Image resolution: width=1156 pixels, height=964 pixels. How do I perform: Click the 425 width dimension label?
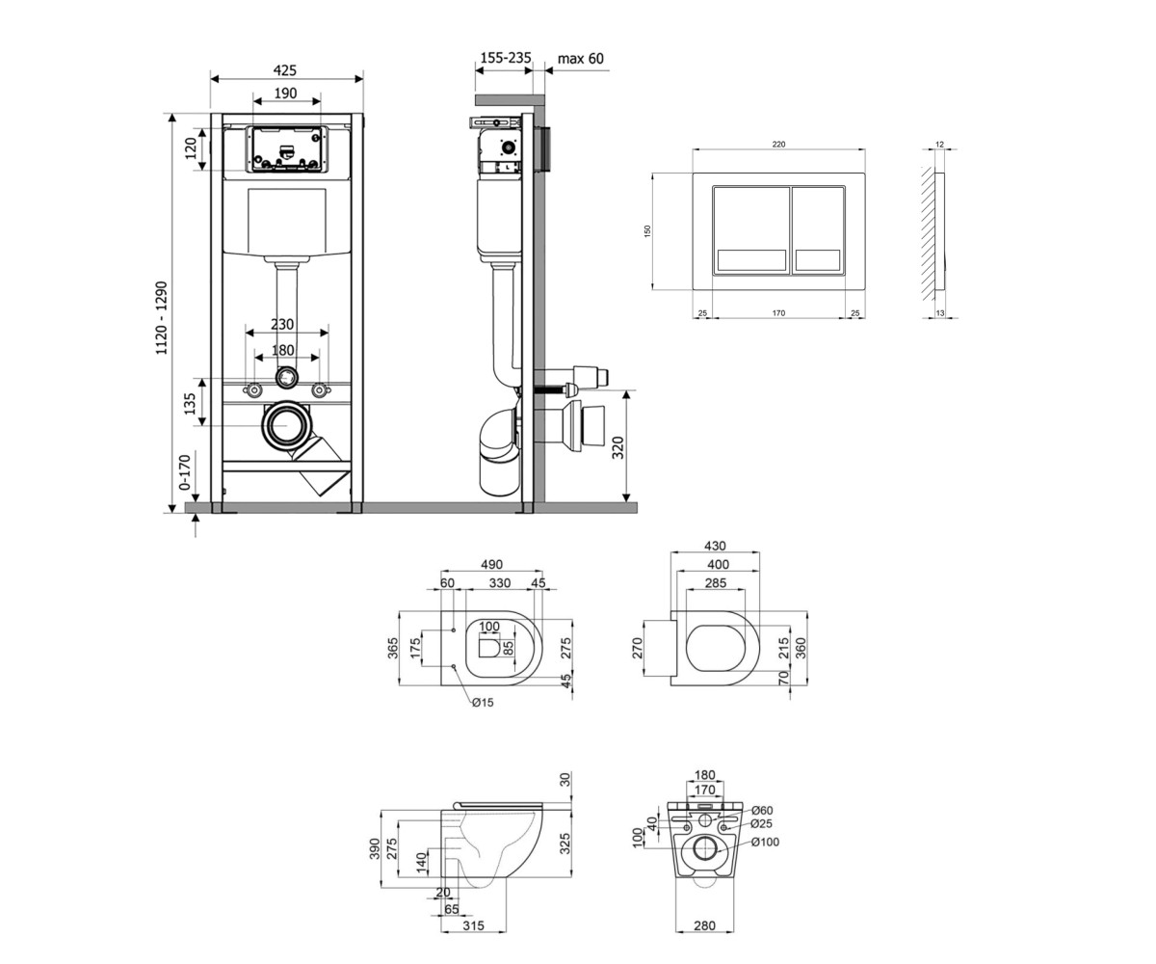[x=285, y=70]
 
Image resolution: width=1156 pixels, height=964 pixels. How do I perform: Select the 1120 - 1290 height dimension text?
[x=161, y=318]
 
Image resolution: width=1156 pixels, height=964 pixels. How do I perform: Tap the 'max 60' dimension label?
[x=580, y=58]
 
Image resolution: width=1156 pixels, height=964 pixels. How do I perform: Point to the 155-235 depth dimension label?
[x=506, y=58]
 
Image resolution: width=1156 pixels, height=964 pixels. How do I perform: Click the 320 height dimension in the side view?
[x=617, y=447]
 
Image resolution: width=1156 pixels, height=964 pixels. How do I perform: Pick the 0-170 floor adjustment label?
[x=185, y=472]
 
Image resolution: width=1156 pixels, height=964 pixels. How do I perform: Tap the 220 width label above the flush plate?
[x=778, y=144]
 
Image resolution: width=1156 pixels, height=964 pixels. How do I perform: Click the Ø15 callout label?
[x=483, y=703]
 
